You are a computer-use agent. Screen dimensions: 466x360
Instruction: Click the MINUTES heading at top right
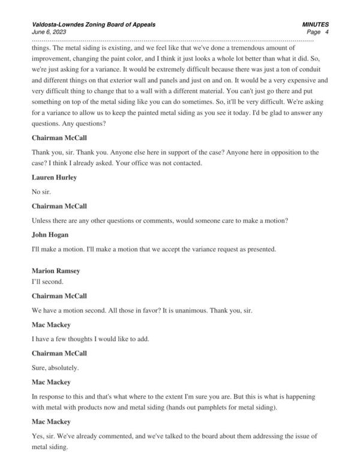tap(316, 25)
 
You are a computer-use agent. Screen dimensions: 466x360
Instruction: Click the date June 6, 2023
tap(49, 32)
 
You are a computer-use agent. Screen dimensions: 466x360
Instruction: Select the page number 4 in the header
tap(326, 32)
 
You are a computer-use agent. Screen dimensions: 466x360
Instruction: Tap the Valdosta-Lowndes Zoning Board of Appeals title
tap(93, 25)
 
